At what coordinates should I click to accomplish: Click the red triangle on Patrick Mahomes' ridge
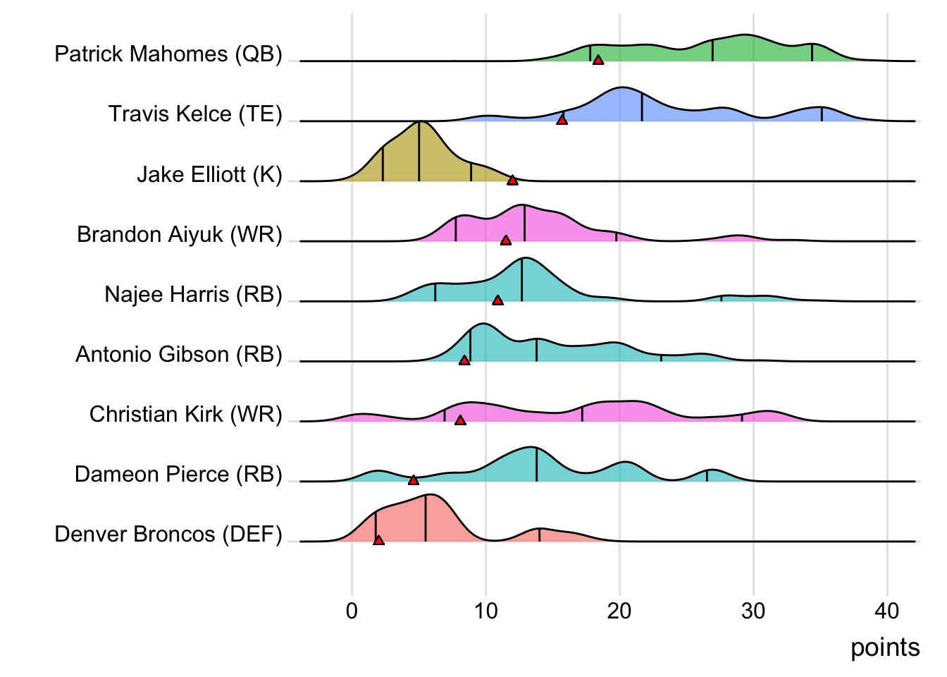pos(598,61)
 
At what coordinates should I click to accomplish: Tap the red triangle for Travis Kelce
pos(562,121)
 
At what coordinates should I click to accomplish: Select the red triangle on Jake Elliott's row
pos(513,181)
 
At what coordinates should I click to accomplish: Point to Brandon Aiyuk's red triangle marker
pos(506,240)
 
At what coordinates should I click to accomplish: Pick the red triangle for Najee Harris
pos(498,300)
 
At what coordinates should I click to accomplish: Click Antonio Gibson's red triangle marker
pos(464,360)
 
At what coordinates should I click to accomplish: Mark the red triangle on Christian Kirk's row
pos(460,420)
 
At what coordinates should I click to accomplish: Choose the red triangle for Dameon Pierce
pos(414,480)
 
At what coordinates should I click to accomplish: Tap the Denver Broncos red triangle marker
pos(379,541)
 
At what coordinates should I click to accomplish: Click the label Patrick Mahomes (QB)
pos(168,54)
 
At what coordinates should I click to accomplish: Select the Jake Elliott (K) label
pos(209,174)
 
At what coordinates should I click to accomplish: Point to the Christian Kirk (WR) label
pos(186,414)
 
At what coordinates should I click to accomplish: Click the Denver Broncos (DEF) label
pos(168,535)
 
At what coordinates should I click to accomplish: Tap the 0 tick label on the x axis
pos(352,611)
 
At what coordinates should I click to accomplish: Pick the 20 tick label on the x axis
pos(619,611)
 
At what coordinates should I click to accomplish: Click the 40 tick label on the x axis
pos(887,611)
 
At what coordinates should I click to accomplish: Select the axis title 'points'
pos(885,647)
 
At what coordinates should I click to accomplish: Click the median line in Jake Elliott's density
pos(419,152)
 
